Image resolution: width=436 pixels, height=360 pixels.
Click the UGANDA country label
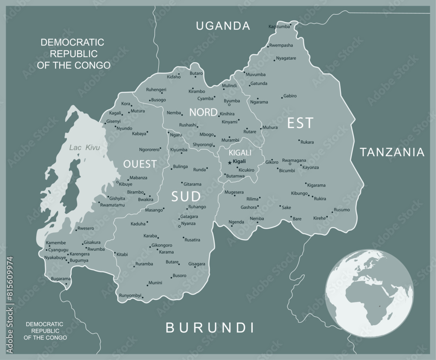point(223,26)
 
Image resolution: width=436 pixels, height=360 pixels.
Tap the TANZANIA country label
point(392,152)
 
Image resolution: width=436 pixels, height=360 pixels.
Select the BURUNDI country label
point(210,327)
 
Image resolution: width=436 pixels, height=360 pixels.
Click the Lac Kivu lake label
point(85,148)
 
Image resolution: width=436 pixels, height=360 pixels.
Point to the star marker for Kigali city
point(230,163)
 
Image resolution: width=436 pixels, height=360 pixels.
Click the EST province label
point(300,123)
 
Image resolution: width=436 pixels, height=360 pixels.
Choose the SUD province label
point(185,196)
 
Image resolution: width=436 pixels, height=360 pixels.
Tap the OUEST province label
point(140,164)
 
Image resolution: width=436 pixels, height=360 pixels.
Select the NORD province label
point(203,112)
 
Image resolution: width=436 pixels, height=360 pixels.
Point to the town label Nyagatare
point(286,58)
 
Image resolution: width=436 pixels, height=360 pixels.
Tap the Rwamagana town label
point(294,160)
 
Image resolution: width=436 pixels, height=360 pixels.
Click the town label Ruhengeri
point(156,90)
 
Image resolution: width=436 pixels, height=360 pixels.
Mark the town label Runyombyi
point(130,295)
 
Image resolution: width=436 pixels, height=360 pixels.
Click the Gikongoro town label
point(162,245)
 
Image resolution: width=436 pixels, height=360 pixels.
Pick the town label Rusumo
point(342,210)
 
